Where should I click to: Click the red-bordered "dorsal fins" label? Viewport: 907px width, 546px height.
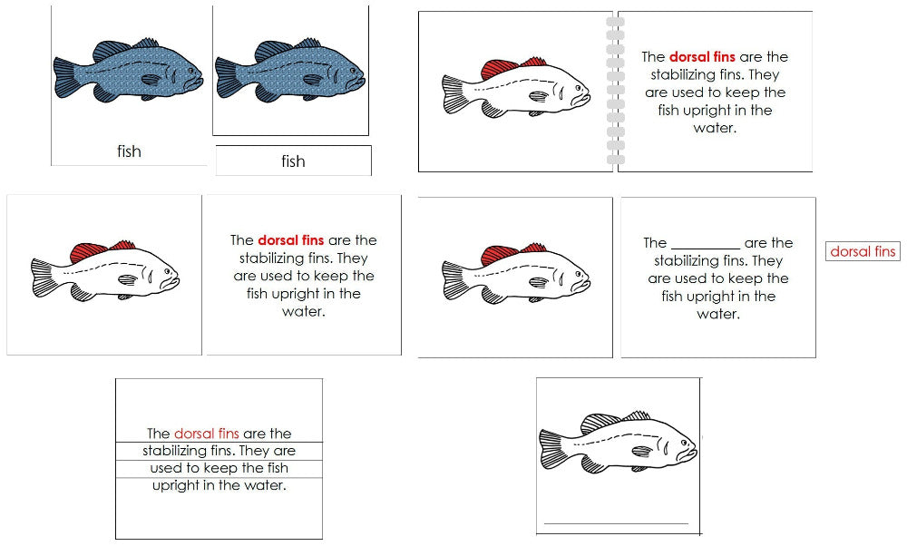coord(863,251)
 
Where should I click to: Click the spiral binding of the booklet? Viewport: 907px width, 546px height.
coord(615,92)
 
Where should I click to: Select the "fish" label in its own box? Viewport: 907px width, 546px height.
coord(293,161)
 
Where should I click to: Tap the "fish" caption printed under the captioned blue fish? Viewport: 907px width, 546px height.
coord(129,151)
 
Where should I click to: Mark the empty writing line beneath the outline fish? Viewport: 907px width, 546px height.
coord(616,523)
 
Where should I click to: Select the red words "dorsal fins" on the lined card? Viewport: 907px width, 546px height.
coord(206,434)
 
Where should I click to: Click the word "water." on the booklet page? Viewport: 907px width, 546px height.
coord(715,128)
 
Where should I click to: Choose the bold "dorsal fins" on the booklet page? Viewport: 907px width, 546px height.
coord(702,56)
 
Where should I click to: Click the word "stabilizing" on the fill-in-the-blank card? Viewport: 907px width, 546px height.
coord(691,261)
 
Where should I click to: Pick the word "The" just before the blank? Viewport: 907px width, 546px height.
coord(655,243)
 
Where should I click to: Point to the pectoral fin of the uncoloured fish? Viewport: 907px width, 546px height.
coord(641,451)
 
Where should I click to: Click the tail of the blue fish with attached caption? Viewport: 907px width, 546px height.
coord(68,79)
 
